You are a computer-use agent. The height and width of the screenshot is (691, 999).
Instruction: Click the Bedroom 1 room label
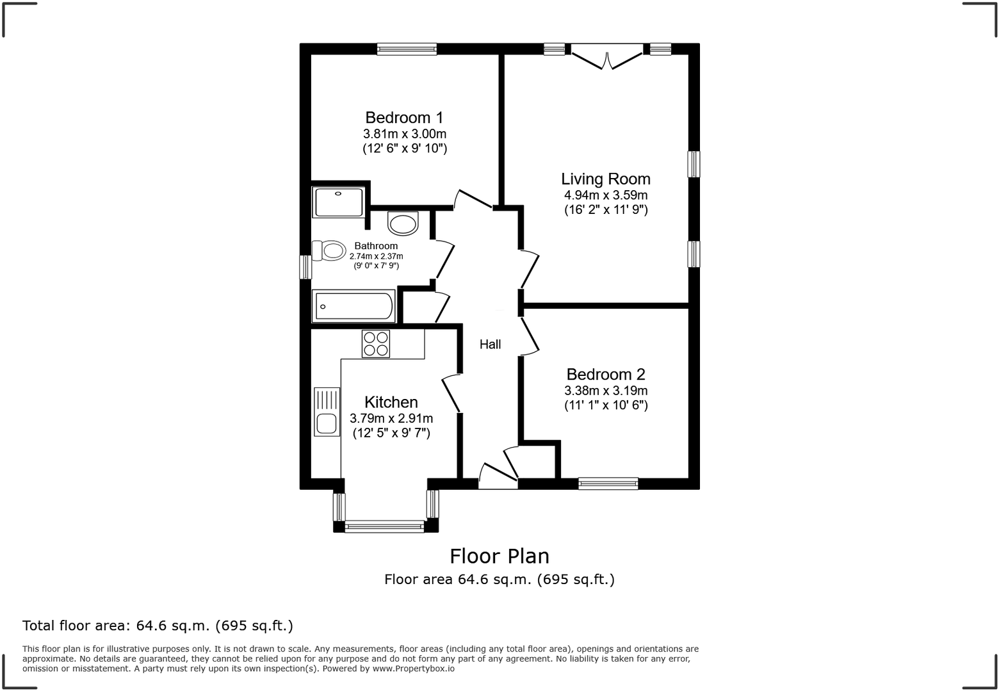tap(404, 117)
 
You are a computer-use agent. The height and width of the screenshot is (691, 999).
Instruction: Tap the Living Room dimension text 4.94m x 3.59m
tap(605, 195)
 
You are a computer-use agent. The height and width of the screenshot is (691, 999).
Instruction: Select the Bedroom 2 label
tap(605, 374)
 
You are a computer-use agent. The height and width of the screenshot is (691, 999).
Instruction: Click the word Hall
tap(490, 345)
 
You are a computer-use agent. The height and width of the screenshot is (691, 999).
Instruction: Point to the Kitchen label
tap(391, 402)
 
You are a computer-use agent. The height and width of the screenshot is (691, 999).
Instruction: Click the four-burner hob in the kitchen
tap(375, 343)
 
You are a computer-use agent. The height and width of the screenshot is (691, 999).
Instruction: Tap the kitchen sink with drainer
tap(327, 412)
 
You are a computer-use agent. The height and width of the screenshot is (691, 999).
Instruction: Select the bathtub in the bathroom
tap(353, 307)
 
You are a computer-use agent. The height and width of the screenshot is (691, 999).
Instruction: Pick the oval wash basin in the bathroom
tap(403, 224)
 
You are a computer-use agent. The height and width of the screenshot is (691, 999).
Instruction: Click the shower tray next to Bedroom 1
tap(339, 202)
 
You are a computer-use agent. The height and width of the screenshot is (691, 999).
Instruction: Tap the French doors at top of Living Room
tap(606, 56)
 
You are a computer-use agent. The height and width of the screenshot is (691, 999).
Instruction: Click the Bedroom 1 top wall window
tap(407, 49)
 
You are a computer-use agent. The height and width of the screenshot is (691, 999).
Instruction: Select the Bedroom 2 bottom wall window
tap(608, 484)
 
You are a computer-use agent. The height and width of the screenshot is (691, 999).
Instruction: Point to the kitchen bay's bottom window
tap(384, 527)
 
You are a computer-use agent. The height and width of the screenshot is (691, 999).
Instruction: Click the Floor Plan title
tap(499, 556)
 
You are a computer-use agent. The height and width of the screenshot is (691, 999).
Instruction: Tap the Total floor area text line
tap(158, 625)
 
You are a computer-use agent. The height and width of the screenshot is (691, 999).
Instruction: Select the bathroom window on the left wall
tap(305, 267)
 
